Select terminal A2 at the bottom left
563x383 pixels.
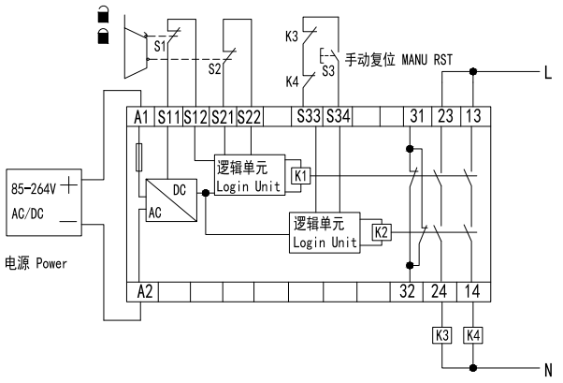point(144,290)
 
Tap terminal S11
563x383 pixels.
point(168,116)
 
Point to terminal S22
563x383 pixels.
point(251,116)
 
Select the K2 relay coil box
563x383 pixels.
point(381,230)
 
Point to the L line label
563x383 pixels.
point(546,71)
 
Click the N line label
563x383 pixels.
point(546,366)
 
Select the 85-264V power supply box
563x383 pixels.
point(45,201)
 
